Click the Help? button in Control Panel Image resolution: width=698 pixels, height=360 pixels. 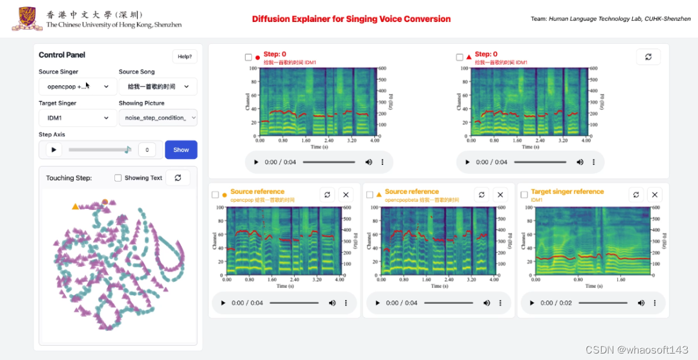(x=185, y=56)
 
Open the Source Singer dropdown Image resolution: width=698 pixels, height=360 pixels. (x=78, y=87)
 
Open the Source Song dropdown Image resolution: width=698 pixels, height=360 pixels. (x=158, y=87)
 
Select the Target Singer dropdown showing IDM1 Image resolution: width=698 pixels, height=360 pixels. (x=78, y=118)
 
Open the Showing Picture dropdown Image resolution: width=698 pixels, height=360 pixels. (x=158, y=118)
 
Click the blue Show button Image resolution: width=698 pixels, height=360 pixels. (x=181, y=150)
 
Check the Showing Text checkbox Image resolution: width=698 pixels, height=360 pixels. (x=118, y=178)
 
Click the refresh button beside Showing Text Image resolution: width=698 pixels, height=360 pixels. (x=178, y=178)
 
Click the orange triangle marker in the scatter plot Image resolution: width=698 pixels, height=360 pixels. (x=75, y=206)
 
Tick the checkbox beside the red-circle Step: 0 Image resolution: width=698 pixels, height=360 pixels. (x=248, y=58)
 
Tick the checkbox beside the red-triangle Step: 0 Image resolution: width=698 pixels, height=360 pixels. (x=460, y=58)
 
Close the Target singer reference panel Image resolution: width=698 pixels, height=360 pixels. (x=655, y=195)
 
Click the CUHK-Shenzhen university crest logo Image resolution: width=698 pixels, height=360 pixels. (x=27, y=19)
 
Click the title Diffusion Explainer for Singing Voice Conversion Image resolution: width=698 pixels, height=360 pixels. (x=351, y=19)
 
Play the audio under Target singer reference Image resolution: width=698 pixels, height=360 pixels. (x=531, y=302)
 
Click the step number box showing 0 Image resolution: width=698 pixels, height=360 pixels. (x=147, y=150)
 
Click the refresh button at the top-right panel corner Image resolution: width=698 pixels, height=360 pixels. (x=648, y=57)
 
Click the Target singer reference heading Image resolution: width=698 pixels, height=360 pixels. (x=567, y=191)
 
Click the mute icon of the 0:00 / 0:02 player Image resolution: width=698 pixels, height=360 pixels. (x=641, y=302)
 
